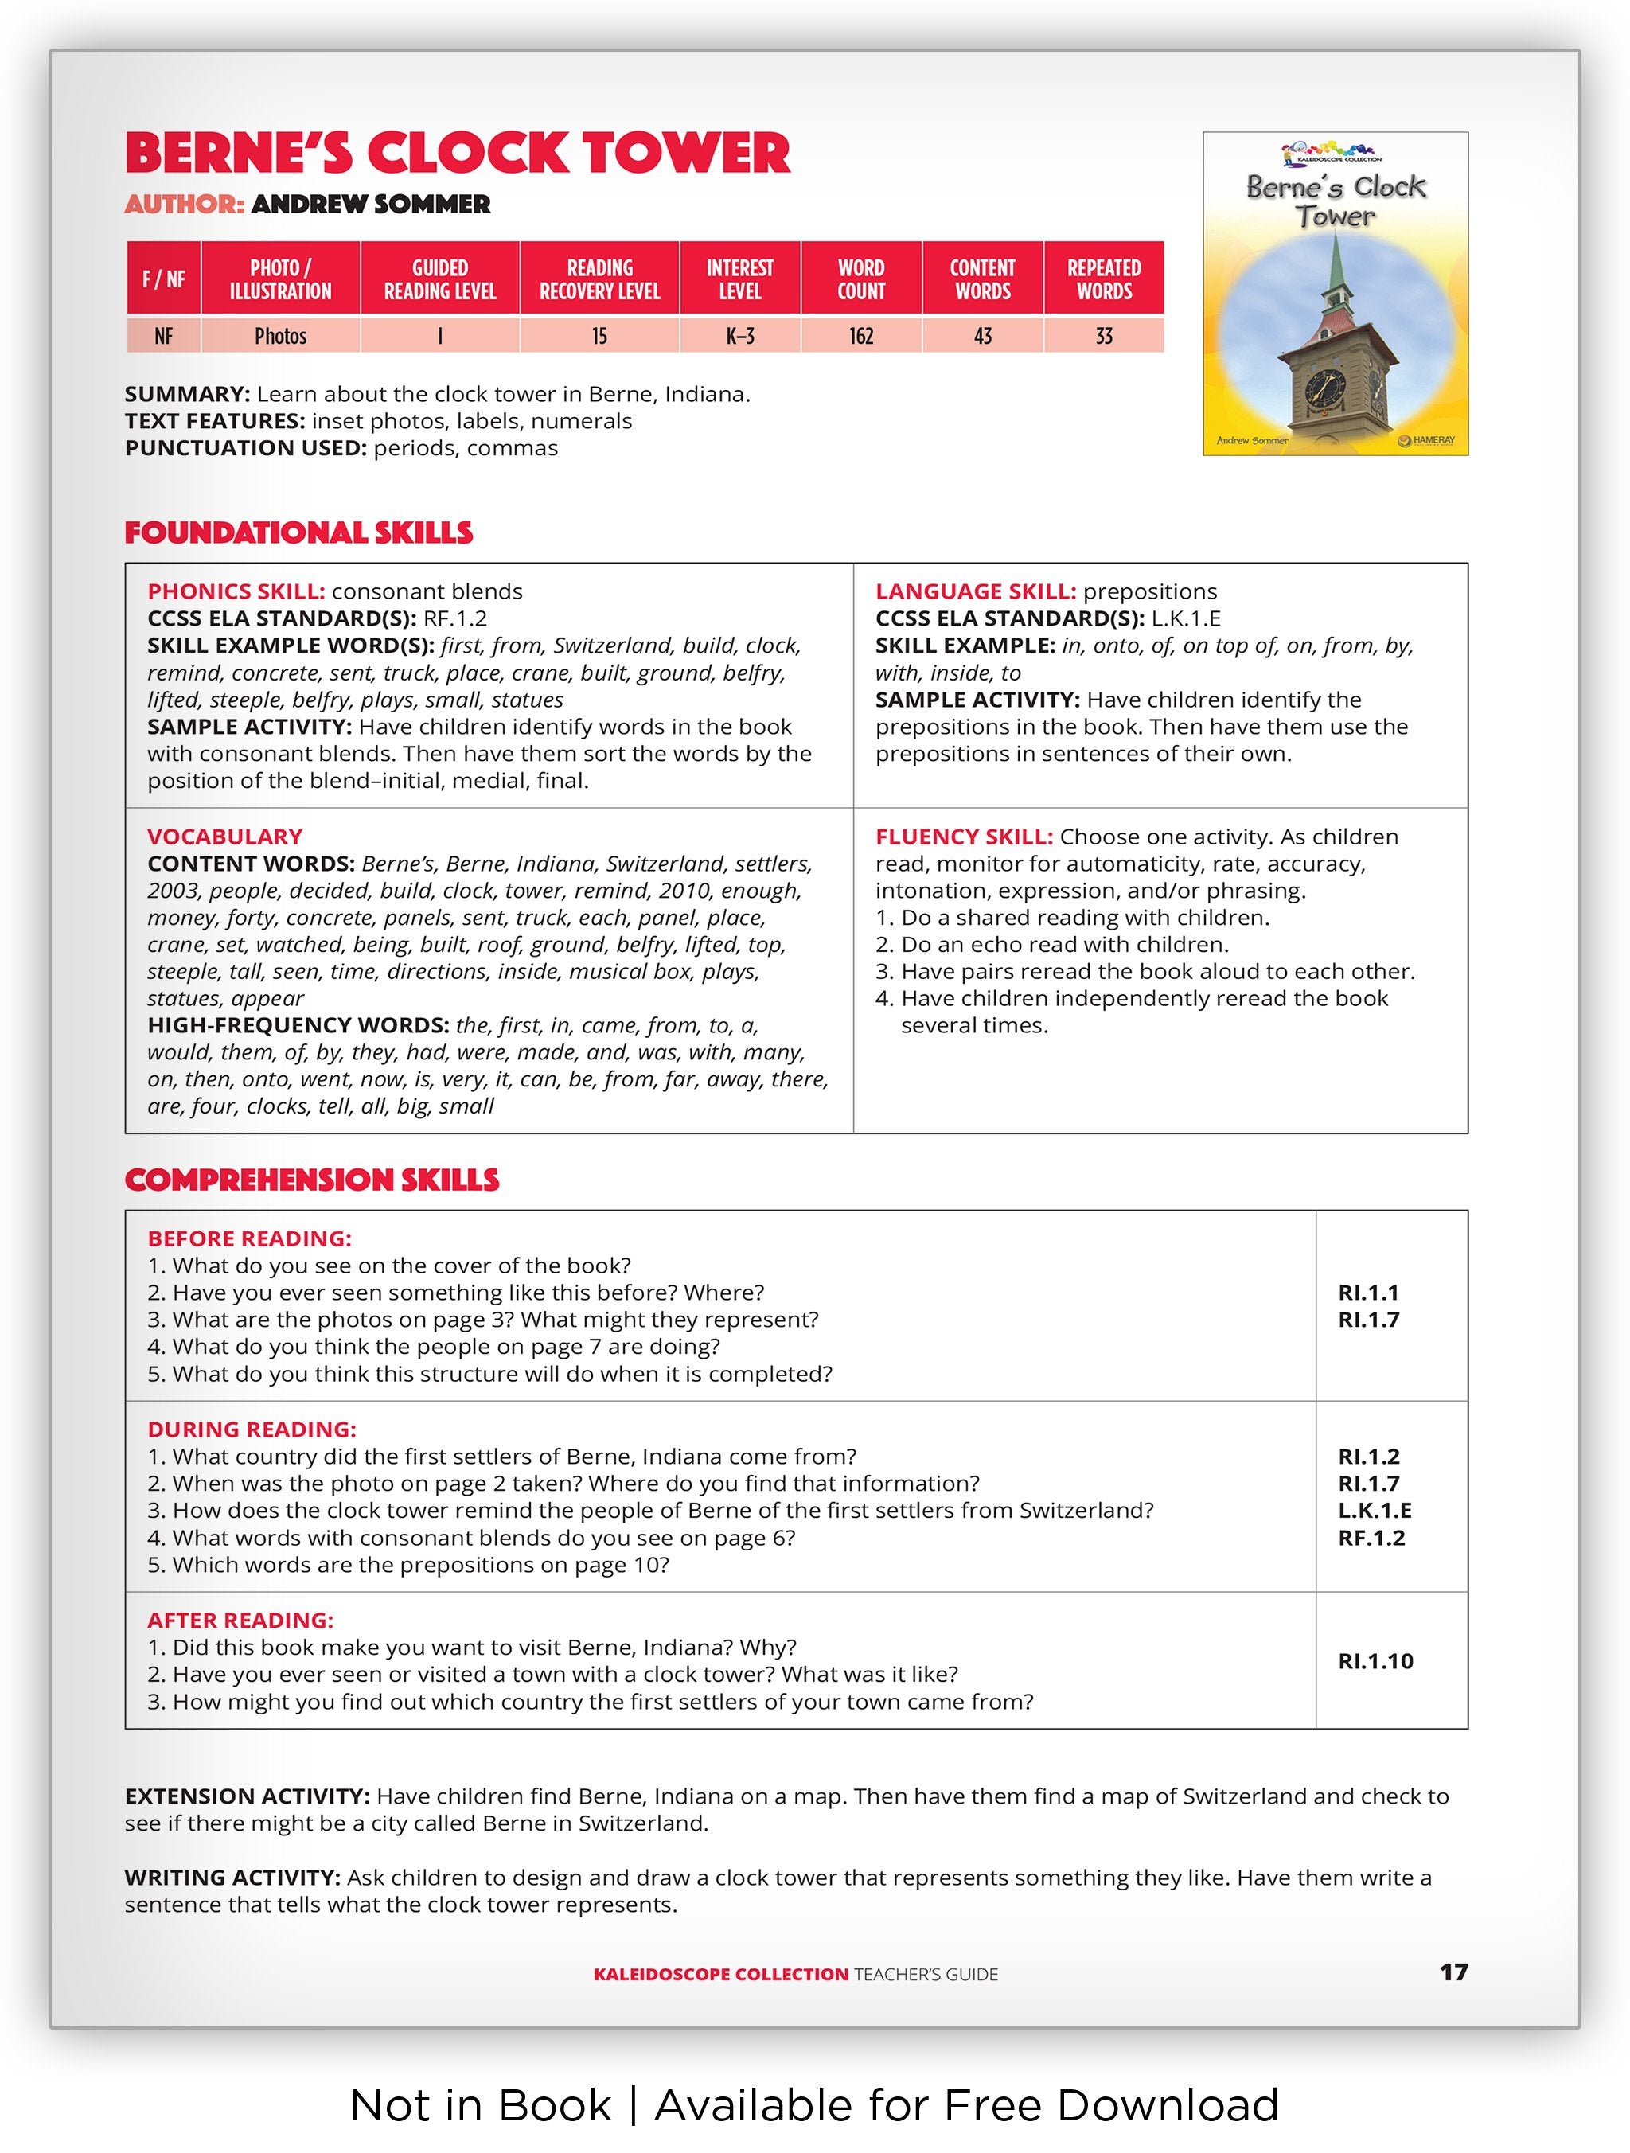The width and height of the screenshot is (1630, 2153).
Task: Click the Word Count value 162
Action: (860, 336)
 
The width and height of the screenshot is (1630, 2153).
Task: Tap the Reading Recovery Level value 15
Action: (599, 336)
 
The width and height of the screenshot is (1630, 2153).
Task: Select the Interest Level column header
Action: (739, 279)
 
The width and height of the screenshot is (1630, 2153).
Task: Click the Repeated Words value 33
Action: (1104, 336)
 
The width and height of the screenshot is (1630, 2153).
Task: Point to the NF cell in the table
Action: (163, 336)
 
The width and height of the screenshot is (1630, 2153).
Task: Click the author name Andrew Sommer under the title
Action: (370, 205)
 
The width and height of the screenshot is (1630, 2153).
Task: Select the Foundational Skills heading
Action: (298, 532)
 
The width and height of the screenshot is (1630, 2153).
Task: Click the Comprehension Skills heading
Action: (311, 1180)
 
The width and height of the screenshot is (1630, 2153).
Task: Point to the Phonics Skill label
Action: (236, 592)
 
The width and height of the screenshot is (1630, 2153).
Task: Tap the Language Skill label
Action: (975, 592)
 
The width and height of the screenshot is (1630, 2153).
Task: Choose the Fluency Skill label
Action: (963, 837)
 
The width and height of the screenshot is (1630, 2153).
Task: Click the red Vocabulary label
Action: (224, 837)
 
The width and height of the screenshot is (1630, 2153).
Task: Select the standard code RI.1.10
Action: (1375, 1661)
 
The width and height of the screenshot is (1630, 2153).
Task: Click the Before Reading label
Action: (249, 1239)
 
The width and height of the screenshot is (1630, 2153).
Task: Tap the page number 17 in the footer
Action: (1453, 1973)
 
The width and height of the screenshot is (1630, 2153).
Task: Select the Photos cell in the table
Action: (280, 336)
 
